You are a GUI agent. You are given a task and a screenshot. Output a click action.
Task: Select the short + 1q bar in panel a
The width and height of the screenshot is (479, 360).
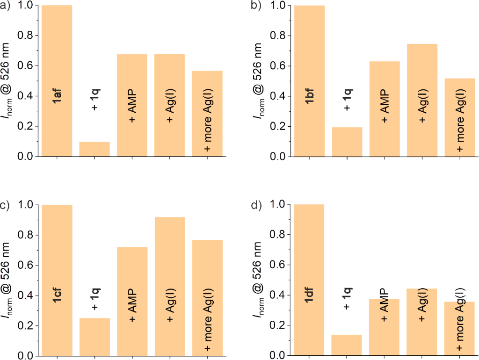94,149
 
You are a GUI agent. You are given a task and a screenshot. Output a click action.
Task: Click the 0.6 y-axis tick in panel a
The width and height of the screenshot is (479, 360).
25,66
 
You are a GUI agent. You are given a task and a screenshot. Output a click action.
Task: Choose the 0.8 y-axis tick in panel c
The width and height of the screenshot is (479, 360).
25,235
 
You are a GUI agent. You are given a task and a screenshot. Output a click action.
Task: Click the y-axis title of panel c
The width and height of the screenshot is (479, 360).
8,281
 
